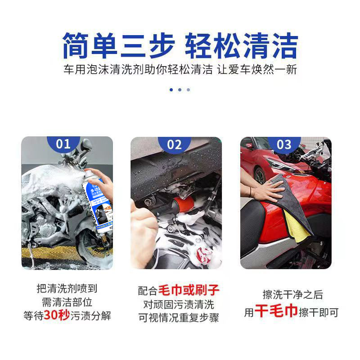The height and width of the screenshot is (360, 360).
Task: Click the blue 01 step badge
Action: pos(63,144)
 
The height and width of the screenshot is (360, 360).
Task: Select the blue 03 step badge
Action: pos(284,144)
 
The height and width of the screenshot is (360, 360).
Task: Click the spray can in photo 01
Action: pos(97,198)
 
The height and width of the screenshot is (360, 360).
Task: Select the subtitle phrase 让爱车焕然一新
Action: pos(261,71)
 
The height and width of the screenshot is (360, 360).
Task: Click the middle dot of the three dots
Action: pos(180,90)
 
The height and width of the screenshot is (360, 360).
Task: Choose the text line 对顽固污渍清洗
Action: pos(178,304)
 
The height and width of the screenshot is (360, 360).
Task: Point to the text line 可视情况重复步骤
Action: pos(178,318)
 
